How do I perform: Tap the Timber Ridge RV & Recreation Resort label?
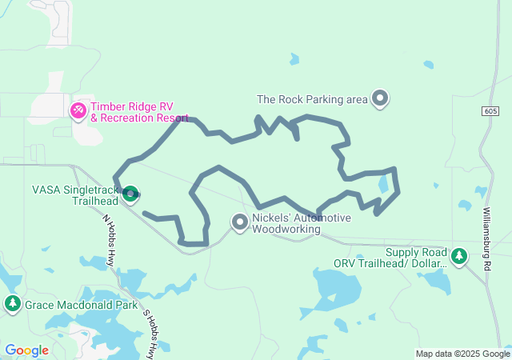coord(138,112)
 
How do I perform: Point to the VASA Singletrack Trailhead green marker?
coord(130,192)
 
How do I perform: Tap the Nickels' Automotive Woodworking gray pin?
coord(240,222)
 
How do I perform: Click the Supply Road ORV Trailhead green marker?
coord(459,256)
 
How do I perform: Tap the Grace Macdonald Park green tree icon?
coord(12,304)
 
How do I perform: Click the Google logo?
coord(26,350)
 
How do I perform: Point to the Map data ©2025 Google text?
coord(462,354)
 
